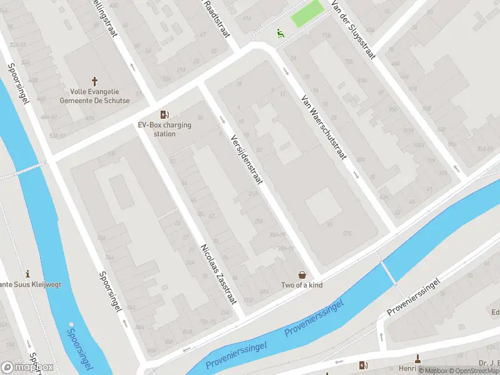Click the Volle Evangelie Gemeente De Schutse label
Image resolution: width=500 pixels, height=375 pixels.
click(95, 96)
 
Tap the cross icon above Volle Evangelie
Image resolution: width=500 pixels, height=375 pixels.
click(95, 81)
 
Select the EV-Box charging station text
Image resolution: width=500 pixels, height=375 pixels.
click(165, 129)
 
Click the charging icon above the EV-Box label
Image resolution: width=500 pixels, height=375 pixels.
click(164, 114)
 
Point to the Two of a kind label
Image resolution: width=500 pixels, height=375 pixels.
click(302, 286)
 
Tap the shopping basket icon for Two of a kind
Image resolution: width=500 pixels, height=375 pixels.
click(302, 275)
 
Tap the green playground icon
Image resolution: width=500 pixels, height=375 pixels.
click(281, 33)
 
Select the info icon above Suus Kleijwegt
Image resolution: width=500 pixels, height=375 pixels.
click(27, 274)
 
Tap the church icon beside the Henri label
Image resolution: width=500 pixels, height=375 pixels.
click(418, 358)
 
